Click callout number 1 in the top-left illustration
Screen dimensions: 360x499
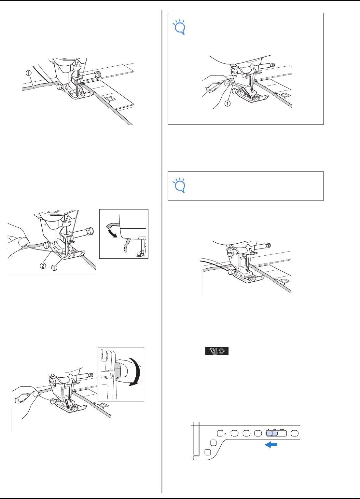click(29, 73)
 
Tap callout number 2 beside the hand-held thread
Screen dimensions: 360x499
click(43, 265)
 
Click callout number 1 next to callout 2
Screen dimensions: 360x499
click(54, 268)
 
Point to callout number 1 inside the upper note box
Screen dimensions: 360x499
click(227, 103)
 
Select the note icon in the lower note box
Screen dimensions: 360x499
click(180, 185)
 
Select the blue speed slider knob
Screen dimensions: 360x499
click(272, 433)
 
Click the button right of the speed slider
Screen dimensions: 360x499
click(295, 433)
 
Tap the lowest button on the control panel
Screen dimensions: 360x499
click(208, 452)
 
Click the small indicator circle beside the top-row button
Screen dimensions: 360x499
click(226, 434)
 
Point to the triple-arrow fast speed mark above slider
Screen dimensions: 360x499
click(282, 429)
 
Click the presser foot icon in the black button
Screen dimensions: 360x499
click(213, 351)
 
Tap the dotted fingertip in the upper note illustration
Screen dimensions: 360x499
click(227, 83)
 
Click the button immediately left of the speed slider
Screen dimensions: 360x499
click(258, 433)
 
